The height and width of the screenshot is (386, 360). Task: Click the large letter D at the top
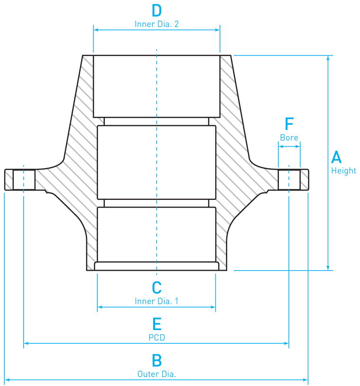coord(157,10)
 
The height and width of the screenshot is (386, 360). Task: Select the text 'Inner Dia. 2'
coord(157,24)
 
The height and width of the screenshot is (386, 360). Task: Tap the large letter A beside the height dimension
coord(336,157)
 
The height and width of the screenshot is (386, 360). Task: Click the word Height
coord(343,170)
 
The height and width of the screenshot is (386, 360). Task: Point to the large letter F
coord(289,123)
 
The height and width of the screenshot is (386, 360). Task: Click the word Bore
coord(289,138)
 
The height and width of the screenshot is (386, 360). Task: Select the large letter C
coord(157,288)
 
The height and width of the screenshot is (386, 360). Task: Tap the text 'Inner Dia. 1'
coord(157,301)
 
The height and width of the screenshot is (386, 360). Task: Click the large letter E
coord(157,324)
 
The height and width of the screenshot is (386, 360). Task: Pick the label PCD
coord(157,338)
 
